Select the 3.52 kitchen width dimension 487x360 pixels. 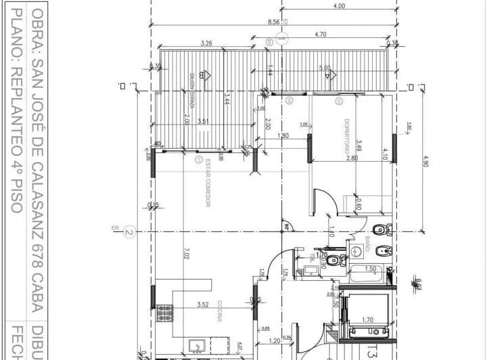203,305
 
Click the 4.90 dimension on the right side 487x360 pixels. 425,162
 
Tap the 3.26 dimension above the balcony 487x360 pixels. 208,44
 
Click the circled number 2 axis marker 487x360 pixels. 129,233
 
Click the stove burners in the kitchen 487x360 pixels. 164,313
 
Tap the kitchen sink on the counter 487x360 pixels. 195,346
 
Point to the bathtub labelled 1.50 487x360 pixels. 369,274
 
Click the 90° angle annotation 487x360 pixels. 287,227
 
